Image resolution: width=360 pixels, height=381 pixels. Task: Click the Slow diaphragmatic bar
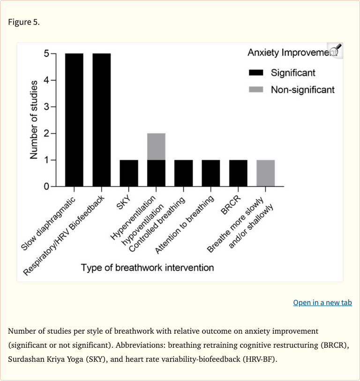click(74, 120)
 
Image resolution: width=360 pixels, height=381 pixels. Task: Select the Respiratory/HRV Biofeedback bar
click(101, 120)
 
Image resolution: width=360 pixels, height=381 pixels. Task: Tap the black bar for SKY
click(129, 173)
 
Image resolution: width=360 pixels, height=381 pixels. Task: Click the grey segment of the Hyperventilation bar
click(156, 147)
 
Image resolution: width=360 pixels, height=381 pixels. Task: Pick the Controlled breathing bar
click(183, 173)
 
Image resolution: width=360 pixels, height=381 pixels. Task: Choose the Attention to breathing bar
click(211, 173)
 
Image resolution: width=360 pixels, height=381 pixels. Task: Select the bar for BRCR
click(238, 173)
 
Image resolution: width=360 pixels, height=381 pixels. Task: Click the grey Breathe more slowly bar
click(265, 173)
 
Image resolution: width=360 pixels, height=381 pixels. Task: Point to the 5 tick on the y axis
click(46, 53)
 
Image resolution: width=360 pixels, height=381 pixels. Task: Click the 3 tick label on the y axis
click(46, 107)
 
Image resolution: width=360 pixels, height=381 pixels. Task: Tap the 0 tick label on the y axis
click(46, 187)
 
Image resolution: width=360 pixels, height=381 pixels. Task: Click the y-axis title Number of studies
click(33, 120)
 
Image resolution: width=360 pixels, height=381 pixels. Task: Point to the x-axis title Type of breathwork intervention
click(147, 268)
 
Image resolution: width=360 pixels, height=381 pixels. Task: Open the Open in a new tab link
click(322, 302)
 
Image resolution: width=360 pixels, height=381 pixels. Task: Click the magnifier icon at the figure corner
click(335, 51)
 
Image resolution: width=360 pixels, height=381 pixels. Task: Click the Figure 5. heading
click(23, 22)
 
